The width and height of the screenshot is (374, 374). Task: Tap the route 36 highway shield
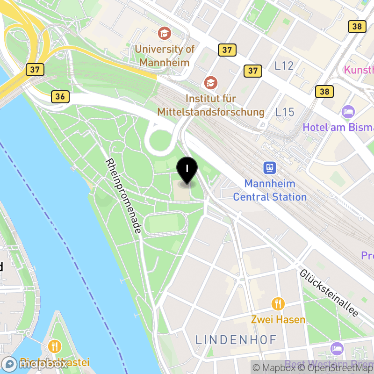pyautogui.click(x=60, y=97)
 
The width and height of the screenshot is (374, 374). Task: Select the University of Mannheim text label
pyautogui.click(x=165, y=56)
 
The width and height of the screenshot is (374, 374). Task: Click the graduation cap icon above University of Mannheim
pyautogui.click(x=165, y=33)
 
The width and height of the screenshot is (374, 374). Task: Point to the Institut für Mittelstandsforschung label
pyautogui.click(x=211, y=106)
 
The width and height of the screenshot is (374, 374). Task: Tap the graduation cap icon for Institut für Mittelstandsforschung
pyautogui.click(x=211, y=83)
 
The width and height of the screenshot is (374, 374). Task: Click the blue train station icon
pyautogui.click(x=270, y=167)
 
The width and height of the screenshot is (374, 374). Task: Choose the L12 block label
pyautogui.click(x=284, y=66)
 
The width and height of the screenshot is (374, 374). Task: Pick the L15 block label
pyautogui.click(x=285, y=112)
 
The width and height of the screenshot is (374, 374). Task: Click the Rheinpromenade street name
pyautogui.click(x=123, y=196)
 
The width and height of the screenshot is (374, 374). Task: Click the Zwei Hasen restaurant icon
pyautogui.click(x=278, y=304)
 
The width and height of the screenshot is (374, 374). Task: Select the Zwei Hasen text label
pyautogui.click(x=278, y=320)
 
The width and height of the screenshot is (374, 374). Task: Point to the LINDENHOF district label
pyautogui.click(x=236, y=339)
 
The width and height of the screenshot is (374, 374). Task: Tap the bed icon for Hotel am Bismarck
pyautogui.click(x=348, y=111)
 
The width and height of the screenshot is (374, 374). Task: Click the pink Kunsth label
pyautogui.click(x=359, y=70)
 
